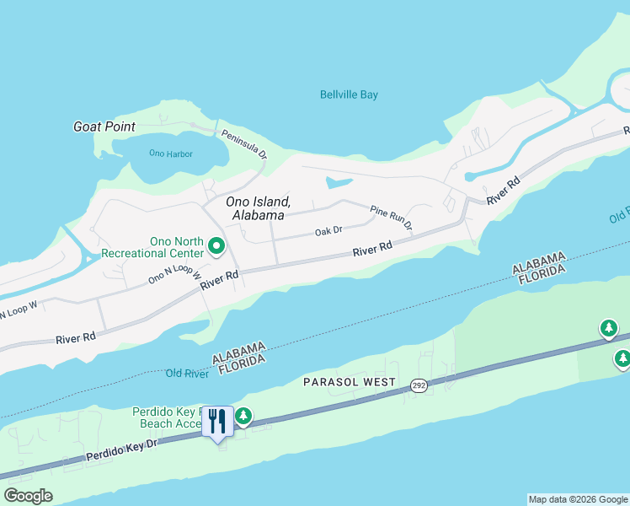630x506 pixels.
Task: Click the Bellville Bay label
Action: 349,94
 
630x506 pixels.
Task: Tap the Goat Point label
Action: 104,126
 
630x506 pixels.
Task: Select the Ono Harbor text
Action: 170,153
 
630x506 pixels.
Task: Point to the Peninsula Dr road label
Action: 244,144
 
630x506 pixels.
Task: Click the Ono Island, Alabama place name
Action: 259,208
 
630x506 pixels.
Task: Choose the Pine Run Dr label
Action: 392,217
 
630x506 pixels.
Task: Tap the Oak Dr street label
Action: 328,230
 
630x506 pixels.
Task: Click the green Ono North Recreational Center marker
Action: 216,247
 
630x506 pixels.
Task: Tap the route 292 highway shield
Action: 419,385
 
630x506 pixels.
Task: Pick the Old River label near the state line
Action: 186,373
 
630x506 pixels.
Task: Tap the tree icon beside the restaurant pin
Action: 243,415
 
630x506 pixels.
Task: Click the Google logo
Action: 28,496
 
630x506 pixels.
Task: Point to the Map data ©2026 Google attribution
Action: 578,499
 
